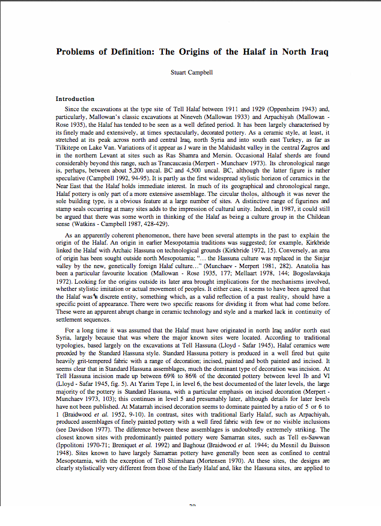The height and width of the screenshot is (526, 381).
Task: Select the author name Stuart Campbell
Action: tap(192, 73)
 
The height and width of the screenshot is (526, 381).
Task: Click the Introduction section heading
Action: tap(75, 99)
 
